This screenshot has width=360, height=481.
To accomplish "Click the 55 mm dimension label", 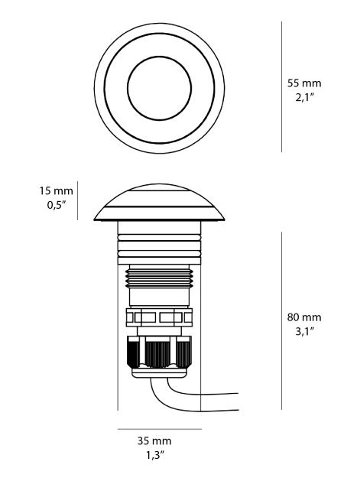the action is click(x=304, y=83).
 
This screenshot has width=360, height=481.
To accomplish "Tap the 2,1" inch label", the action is click(x=305, y=98).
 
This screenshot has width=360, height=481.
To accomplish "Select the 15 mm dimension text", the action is click(x=56, y=191).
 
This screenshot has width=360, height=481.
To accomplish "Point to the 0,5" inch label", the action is click(x=57, y=205).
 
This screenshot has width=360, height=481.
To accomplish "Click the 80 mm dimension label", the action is click(x=304, y=317).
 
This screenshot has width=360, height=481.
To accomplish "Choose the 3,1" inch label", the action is click(x=305, y=331).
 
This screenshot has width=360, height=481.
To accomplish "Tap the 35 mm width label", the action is click(x=154, y=440).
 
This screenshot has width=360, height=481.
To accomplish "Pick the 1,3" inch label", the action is click(x=155, y=456).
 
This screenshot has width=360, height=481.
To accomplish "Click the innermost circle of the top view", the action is click(x=159, y=57).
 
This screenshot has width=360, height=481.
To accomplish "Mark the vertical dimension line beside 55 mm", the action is click(x=282, y=86).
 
